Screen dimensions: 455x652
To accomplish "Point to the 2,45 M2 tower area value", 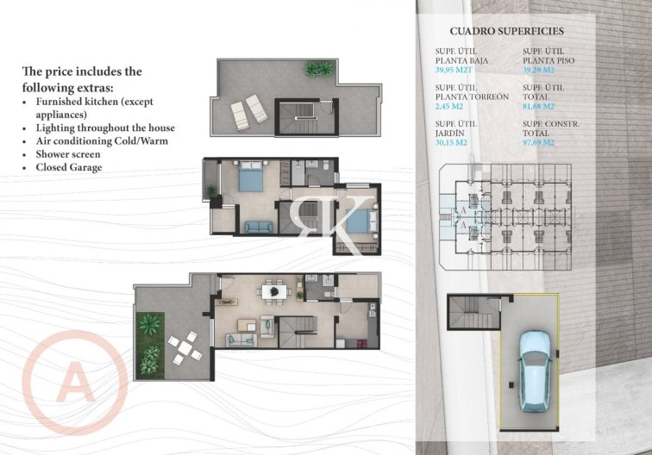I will coord(449,107).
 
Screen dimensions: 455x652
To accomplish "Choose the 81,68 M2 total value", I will coord(541,107).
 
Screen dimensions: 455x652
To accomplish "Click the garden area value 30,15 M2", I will coord(453,143).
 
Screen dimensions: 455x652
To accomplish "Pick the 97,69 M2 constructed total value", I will coord(541,143).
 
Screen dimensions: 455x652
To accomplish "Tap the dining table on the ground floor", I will coord(275,292).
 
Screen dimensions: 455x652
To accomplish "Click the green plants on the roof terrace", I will coord(317,69).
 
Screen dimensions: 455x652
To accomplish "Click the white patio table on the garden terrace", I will coord(185,347).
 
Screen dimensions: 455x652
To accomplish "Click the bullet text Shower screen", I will coord(68,153).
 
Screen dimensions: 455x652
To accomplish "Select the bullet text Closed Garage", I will coord(69,167).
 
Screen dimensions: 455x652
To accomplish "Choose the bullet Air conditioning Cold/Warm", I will coord(102,140).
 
